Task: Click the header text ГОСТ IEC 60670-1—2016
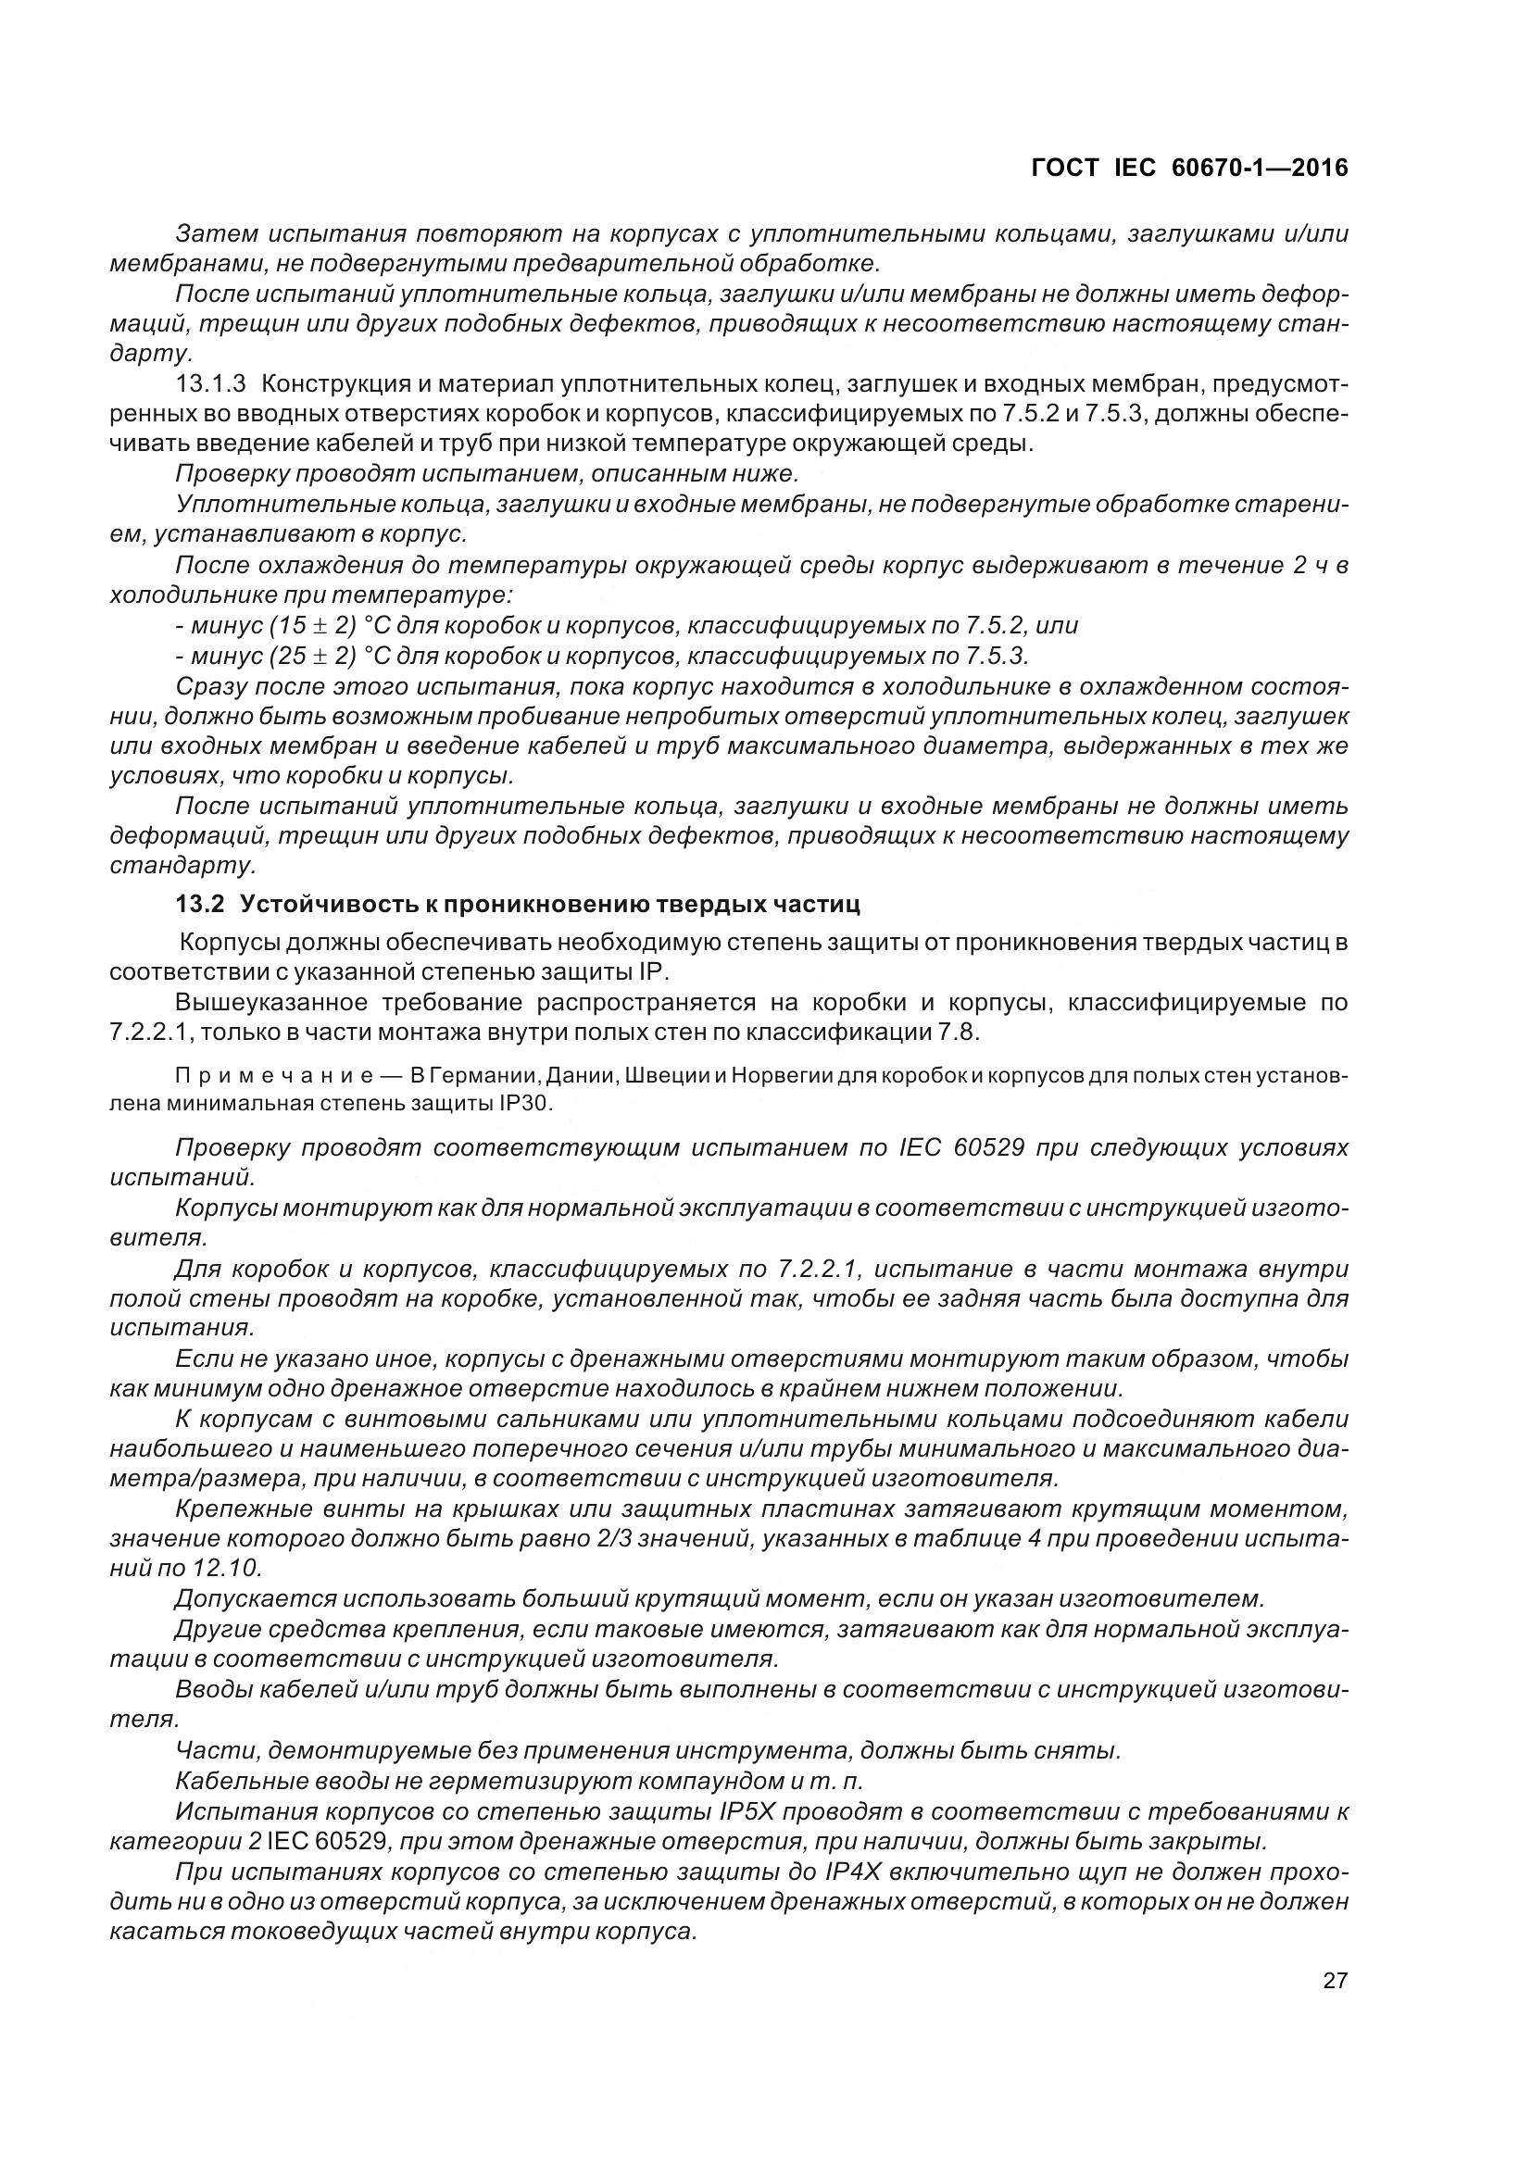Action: (1189, 168)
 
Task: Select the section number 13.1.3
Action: (210, 384)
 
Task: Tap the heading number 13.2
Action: (200, 905)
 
